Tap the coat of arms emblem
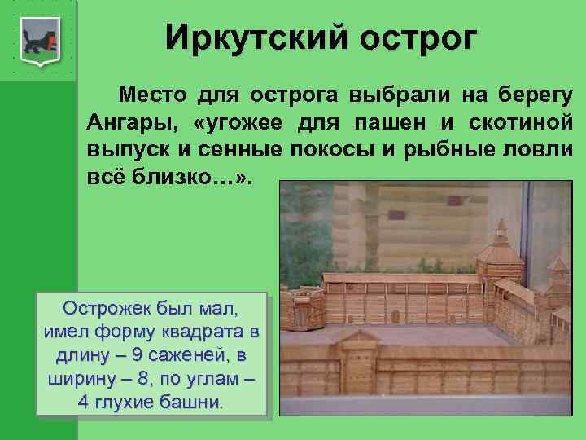[41, 42]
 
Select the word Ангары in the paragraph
[133, 123]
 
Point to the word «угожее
[238, 123]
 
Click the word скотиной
[521, 123]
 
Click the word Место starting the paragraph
[152, 95]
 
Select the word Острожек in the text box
[107, 309]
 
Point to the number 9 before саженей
[138, 355]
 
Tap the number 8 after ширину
[143, 379]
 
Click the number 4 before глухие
[83, 403]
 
